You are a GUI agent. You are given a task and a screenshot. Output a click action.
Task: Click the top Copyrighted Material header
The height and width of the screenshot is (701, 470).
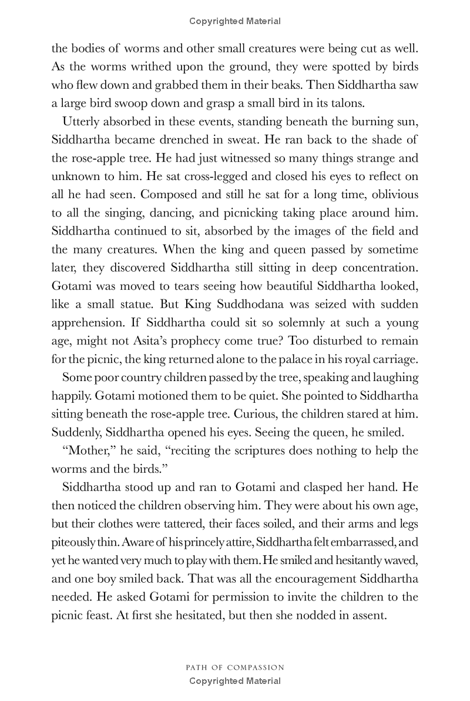[x=235, y=21]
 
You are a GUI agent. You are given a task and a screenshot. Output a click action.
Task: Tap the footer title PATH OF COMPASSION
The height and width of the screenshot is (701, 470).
[x=235, y=667]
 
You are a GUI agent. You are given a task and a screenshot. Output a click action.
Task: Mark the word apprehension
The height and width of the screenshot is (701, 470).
[x=90, y=323]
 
